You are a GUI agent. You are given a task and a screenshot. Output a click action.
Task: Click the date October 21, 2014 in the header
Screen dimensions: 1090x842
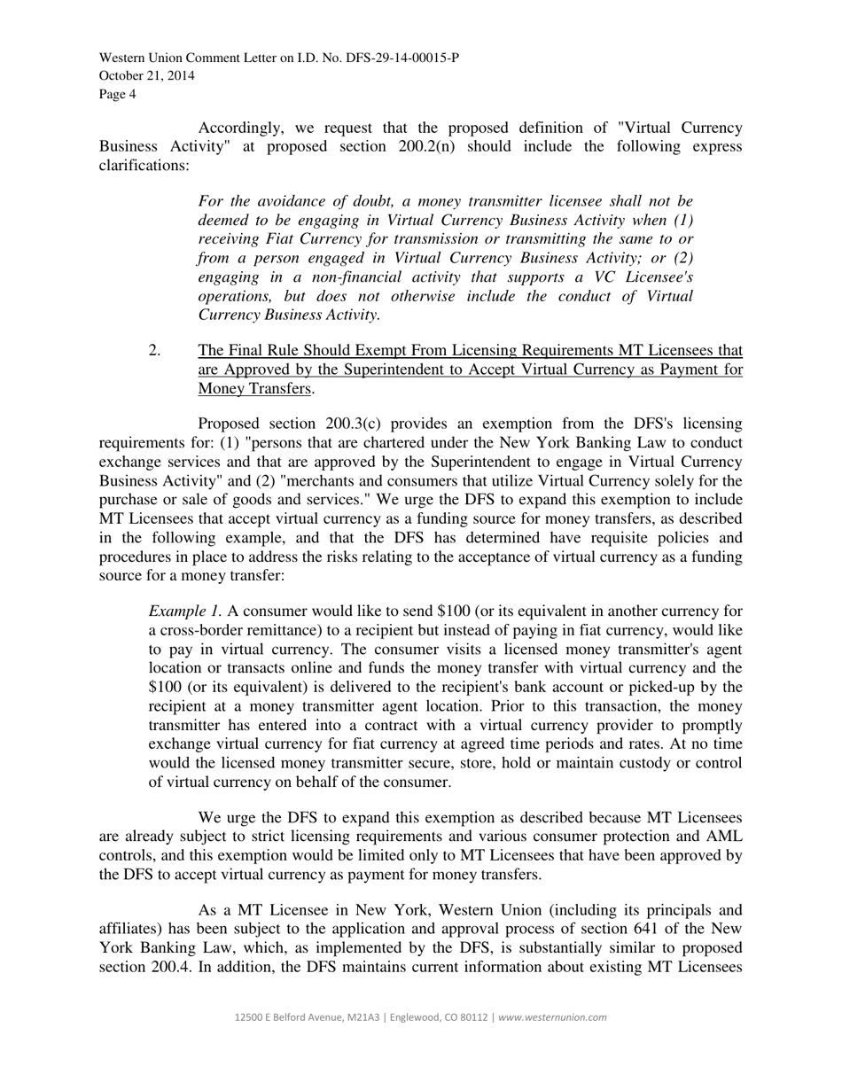point(147,76)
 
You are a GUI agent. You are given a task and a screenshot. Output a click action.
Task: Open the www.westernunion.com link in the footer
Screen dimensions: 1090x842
point(553,1017)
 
